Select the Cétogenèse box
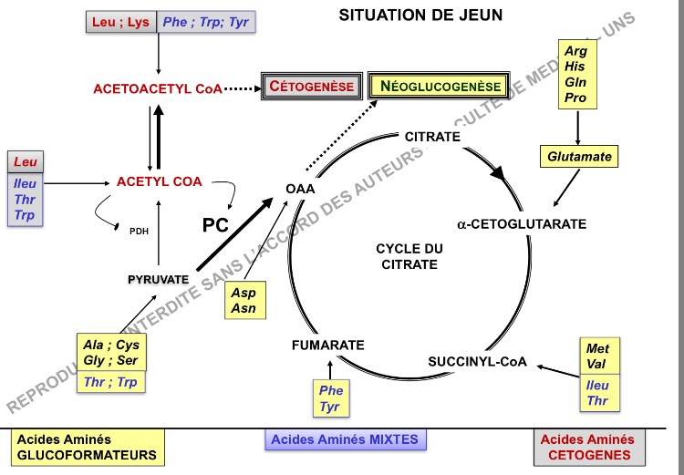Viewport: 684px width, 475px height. click(x=311, y=87)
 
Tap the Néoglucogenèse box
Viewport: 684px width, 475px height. click(x=440, y=87)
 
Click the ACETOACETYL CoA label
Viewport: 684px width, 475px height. click(x=157, y=89)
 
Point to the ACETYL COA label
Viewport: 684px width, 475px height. click(x=159, y=181)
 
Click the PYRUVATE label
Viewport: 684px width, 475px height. click(x=158, y=279)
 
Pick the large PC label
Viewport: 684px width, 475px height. click(x=214, y=224)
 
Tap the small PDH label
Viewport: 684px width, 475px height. click(x=139, y=231)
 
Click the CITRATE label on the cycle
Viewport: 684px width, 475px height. click(x=432, y=137)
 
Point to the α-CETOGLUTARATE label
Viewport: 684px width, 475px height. click(x=522, y=223)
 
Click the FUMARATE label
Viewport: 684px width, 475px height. click(x=328, y=345)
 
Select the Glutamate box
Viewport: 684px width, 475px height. click(x=579, y=157)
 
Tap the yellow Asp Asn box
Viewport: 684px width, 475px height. click(x=244, y=301)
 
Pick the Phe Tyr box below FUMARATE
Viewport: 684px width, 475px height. click(x=330, y=398)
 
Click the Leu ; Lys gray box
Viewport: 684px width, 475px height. click(x=122, y=22)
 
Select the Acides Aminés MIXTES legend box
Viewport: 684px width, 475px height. click(x=347, y=439)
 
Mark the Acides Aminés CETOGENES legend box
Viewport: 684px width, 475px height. click(x=588, y=447)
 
